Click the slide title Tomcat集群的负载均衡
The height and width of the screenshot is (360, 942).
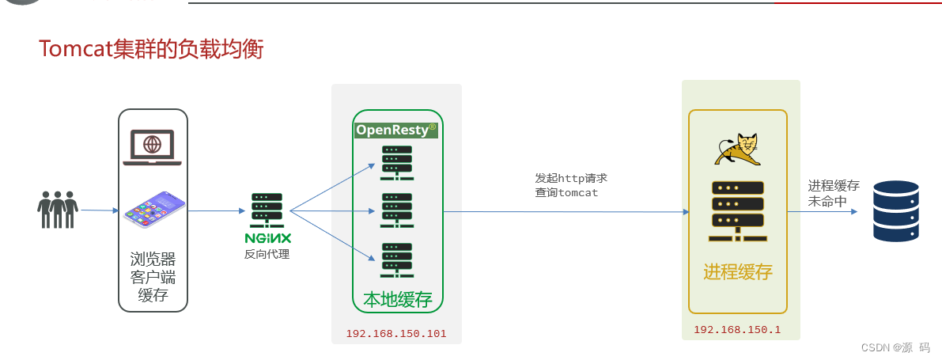coord(151,50)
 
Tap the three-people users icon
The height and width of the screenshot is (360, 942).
coord(58,210)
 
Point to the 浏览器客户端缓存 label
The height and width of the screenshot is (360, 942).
coord(153,277)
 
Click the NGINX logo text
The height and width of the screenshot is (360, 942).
coord(267,237)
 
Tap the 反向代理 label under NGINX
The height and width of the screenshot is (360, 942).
coord(267,254)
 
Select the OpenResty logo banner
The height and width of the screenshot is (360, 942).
coord(396,130)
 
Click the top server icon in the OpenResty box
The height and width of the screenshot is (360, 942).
coord(396,161)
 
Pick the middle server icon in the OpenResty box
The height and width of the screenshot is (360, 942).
coord(396,210)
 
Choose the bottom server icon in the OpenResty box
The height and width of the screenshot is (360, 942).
coord(396,259)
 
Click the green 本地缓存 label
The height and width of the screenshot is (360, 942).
coord(397,300)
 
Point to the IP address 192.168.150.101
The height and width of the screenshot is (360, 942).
coord(395,334)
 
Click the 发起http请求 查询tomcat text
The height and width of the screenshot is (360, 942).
coord(570,185)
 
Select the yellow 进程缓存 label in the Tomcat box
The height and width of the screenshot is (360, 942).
coord(737,272)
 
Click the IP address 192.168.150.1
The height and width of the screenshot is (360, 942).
coord(736,330)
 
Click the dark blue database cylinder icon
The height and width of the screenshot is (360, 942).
coord(895,210)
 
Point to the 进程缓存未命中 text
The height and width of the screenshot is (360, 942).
coord(833,193)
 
